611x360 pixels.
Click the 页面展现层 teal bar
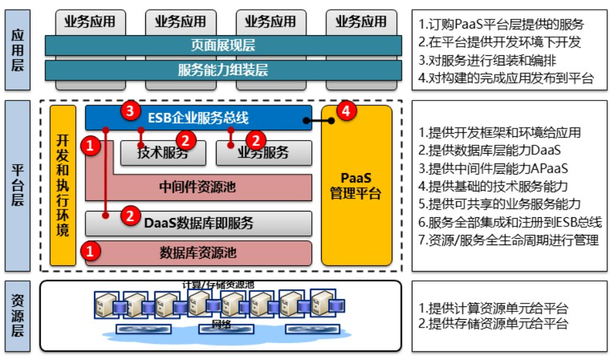tap(223, 45)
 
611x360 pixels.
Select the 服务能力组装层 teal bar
tap(223, 70)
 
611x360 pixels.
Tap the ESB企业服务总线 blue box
tap(198, 118)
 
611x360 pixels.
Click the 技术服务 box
tap(163, 153)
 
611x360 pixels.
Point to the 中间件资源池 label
tap(198, 187)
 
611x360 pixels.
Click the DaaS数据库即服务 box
tap(198, 223)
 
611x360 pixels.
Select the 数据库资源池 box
tap(198, 252)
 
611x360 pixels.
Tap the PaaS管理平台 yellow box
tap(356, 186)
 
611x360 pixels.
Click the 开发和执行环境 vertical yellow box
tap(63, 186)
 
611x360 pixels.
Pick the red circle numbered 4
tap(345, 112)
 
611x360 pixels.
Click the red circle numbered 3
tap(130, 111)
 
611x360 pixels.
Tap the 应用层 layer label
tap(18, 50)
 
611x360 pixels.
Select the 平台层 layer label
tap(18, 186)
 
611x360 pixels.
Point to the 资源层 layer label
tap(18, 315)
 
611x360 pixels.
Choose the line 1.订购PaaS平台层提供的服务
tap(501, 25)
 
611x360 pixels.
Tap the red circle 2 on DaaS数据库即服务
tap(130, 215)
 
